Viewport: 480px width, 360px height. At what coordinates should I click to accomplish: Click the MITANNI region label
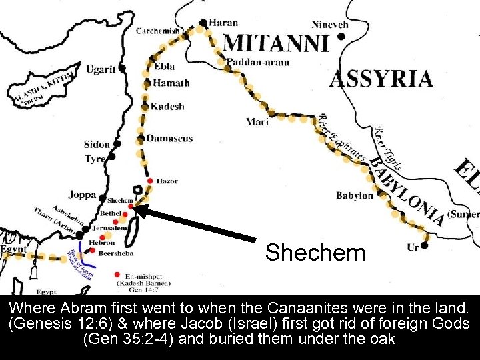coord(276,43)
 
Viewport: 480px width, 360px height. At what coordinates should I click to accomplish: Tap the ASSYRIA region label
coord(381,79)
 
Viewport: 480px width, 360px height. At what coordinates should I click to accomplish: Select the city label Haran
coord(223,23)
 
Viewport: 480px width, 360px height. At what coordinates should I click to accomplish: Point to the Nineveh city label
coord(329,25)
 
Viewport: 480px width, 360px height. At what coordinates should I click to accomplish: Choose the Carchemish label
coord(158,31)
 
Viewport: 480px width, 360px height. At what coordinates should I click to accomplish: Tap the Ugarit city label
coord(100,69)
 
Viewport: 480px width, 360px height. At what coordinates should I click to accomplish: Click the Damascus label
coord(169,139)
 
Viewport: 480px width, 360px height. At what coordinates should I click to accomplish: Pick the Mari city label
coord(257,122)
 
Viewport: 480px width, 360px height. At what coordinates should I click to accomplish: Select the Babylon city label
coord(355,195)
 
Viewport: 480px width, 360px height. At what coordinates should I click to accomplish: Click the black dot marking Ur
coord(425,245)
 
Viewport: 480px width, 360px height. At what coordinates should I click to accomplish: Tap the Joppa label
coord(82,195)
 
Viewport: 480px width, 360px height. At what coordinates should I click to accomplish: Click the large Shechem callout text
coord(315,253)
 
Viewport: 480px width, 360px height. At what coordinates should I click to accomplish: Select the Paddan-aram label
coord(259,63)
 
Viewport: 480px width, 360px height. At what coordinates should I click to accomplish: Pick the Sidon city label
coord(97,145)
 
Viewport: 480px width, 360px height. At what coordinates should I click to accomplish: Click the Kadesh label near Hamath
coord(167,107)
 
